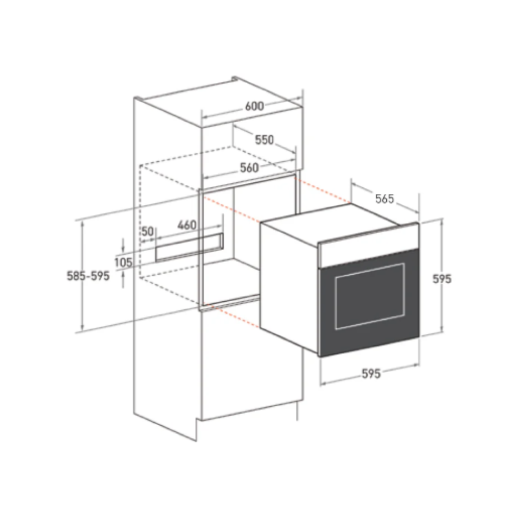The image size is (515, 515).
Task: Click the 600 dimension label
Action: pyautogui.click(x=254, y=106)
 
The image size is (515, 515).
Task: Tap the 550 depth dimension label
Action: pyautogui.click(x=264, y=140)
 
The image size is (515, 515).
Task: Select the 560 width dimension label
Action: pyautogui.click(x=249, y=168)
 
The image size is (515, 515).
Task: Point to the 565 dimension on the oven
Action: pyautogui.click(x=384, y=199)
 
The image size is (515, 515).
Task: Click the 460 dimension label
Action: pyautogui.click(x=187, y=225)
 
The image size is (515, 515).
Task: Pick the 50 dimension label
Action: pyautogui.click(x=148, y=231)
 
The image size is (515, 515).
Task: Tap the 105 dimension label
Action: pyautogui.click(x=123, y=262)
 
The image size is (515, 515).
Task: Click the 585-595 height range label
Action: pyautogui.click(x=88, y=276)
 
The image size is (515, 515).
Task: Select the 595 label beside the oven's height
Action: pyautogui.click(x=442, y=279)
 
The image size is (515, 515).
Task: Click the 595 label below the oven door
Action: pyautogui.click(x=371, y=374)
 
